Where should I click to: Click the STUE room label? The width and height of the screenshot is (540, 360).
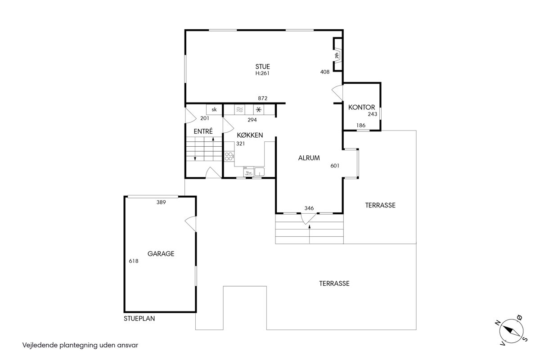[x=262, y=67]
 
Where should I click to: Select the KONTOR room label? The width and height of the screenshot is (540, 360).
[x=361, y=107]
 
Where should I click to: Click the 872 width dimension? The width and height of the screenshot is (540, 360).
[x=262, y=99]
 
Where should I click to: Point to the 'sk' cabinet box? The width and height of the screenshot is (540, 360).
[x=214, y=110]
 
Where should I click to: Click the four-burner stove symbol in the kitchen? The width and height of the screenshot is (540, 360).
[x=229, y=156]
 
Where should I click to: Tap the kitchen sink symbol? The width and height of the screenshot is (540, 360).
[x=259, y=172]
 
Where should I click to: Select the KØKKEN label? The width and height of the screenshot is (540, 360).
[x=250, y=135]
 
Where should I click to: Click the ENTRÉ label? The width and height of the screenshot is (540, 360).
[x=203, y=131]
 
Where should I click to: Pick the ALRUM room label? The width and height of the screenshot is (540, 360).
[x=309, y=158]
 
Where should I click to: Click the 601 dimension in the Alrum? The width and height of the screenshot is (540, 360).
[x=335, y=166]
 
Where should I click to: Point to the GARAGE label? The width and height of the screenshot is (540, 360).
[x=161, y=254]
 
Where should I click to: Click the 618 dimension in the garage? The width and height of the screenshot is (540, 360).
[x=134, y=261]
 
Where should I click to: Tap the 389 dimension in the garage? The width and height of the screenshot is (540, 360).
[x=161, y=202]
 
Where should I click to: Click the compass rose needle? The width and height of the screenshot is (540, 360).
[x=511, y=331]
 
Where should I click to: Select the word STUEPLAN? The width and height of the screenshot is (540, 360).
[x=139, y=319]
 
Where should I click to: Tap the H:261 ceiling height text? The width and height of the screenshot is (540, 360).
[x=262, y=73]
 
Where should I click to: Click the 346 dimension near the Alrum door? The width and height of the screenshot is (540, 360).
[x=309, y=208]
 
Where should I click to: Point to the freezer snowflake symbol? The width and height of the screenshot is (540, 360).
[x=259, y=110]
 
